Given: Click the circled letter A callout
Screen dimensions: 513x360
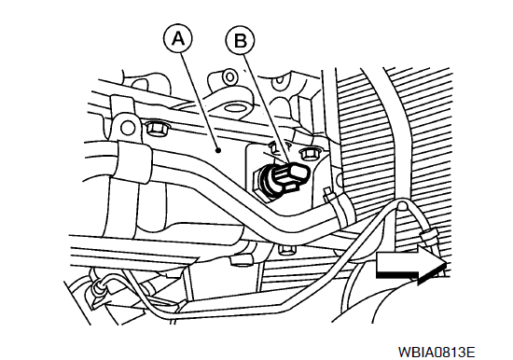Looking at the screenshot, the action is pyautogui.click(x=177, y=39).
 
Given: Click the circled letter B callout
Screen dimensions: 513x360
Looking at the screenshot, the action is pyautogui.click(x=240, y=41).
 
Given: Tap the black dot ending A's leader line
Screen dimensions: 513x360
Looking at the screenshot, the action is pyautogui.click(x=218, y=150).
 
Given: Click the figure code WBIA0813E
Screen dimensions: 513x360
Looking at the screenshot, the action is pyautogui.click(x=437, y=352).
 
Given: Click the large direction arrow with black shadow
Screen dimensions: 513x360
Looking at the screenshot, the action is pyautogui.click(x=411, y=265).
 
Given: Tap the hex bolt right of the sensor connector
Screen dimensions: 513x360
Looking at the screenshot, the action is pyautogui.click(x=309, y=154).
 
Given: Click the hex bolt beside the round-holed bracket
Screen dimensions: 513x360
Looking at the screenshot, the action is pyautogui.click(x=156, y=128).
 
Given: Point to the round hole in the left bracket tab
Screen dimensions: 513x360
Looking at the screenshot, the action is pyautogui.click(x=129, y=126).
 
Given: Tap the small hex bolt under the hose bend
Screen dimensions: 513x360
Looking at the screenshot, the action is pyautogui.click(x=287, y=250).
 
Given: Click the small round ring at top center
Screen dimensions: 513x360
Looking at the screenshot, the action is pyautogui.click(x=229, y=76).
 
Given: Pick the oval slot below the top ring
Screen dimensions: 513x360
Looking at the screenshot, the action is pyautogui.click(x=235, y=107).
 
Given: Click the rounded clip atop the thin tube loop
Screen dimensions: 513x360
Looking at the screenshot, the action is pyautogui.click(x=402, y=205).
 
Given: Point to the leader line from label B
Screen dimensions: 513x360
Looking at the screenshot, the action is pyautogui.click(x=267, y=109).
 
